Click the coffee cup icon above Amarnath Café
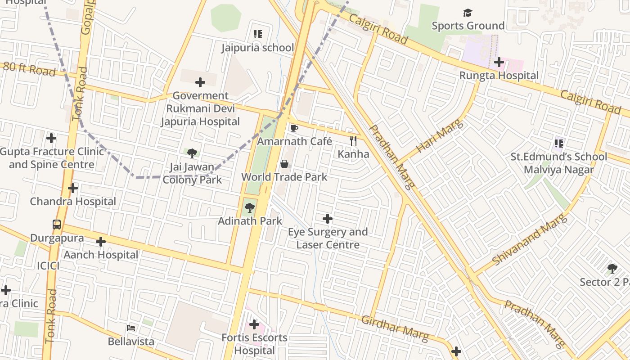tap(294, 129)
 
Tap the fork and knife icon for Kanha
tap(353, 141)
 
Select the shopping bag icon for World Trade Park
tap(284, 164)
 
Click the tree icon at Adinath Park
tap(250, 208)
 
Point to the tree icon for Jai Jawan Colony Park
tap(192, 153)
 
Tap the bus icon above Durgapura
tap(57, 225)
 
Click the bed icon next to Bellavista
tap(131, 328)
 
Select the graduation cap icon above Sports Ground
tap(468, 13)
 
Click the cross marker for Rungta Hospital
tap(499, 62)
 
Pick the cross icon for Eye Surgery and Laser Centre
tap(328, 219)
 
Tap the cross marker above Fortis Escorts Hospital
tap(254, 324)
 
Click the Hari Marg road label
tap(439, 136)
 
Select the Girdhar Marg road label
tap(395, 328)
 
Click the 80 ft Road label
tap(30, 69)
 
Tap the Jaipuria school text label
tap(257, 48)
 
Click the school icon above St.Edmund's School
tap(559, 144)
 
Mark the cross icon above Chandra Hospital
tap(73, 188)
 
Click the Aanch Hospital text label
tap(101, 255)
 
